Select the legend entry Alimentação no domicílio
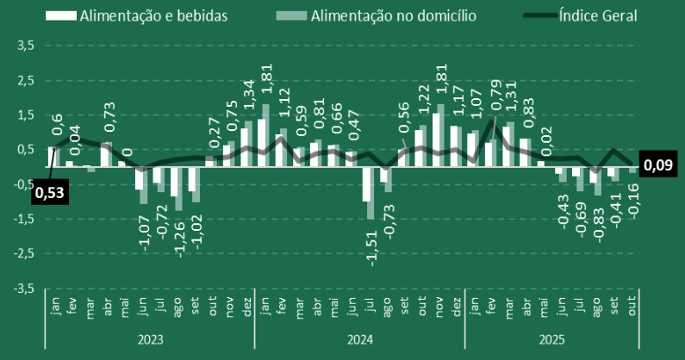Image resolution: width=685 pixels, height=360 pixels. click(395, 16)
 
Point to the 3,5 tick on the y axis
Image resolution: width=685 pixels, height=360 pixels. click(24, 45)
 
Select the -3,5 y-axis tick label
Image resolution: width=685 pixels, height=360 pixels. click(22, 288)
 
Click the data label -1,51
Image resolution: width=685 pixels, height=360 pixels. click(371, 244)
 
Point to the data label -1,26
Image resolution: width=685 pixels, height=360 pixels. click(179, 234)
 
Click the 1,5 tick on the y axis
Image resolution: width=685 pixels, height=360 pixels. click(24, 115)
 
